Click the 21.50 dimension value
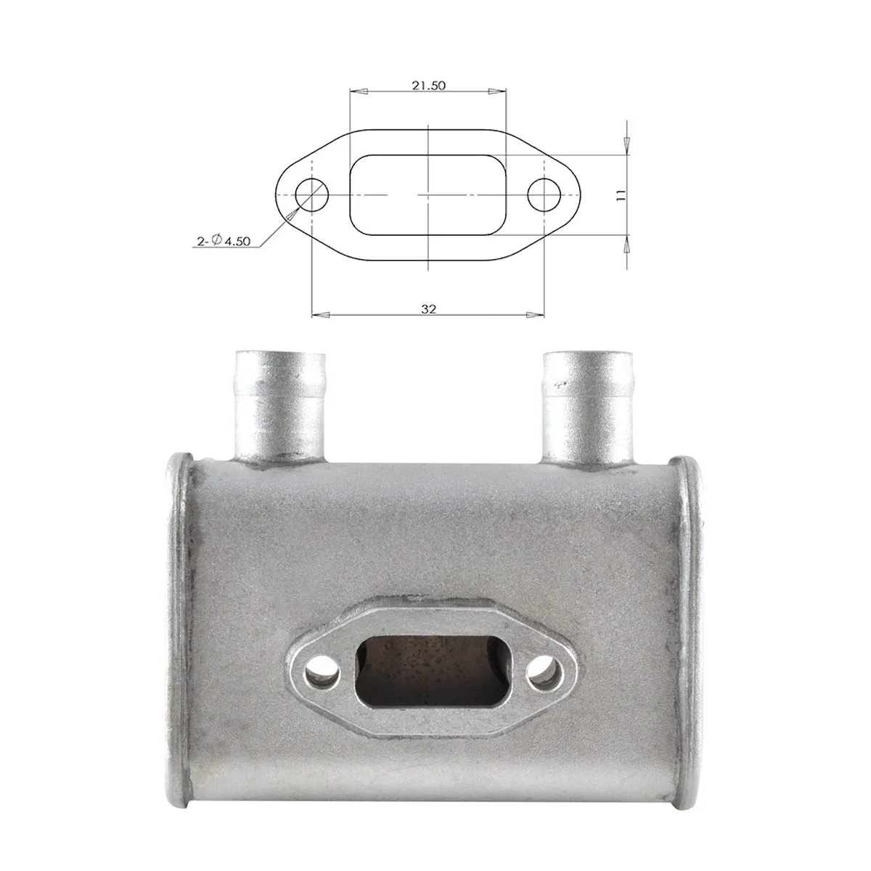428,86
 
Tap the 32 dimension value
428,308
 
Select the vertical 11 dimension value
621,195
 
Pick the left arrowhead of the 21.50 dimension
359,91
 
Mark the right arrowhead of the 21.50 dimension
497,91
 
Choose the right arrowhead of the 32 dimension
536,314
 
